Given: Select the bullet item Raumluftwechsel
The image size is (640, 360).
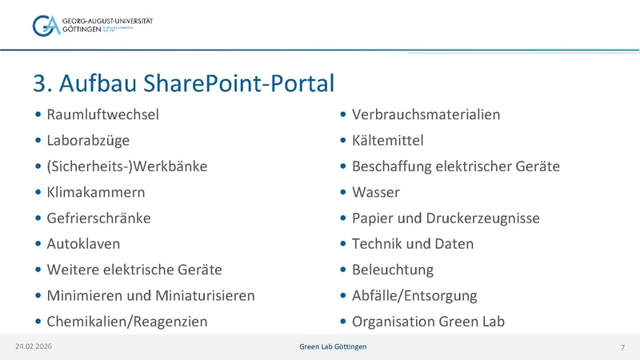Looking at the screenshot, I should click(x=102, y=114).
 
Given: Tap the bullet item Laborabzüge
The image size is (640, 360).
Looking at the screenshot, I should click(x=87, y=141).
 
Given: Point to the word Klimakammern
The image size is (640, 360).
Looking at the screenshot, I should click(x=96, y=193).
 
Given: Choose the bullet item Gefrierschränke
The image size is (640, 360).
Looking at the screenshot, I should click(x=98, y=218).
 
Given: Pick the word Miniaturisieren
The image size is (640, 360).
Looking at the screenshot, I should click(x=205, y=296).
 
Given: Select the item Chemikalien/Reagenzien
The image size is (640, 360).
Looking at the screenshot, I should click(x=126, y=322).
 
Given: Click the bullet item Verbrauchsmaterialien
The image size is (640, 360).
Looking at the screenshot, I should click(x=426, y=114).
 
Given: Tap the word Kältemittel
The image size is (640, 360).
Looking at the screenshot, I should click(x=387, y=141).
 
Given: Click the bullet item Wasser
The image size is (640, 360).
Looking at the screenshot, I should click(x=375, y=193).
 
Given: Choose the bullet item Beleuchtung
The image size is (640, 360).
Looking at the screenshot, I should click(x=392, y=270).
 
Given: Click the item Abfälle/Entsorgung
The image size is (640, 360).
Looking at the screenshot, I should click(x=414, y=296).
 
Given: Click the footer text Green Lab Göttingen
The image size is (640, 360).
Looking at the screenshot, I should click(x=328, y=346).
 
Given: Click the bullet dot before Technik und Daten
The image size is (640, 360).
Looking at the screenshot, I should click(x=343, y=244).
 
